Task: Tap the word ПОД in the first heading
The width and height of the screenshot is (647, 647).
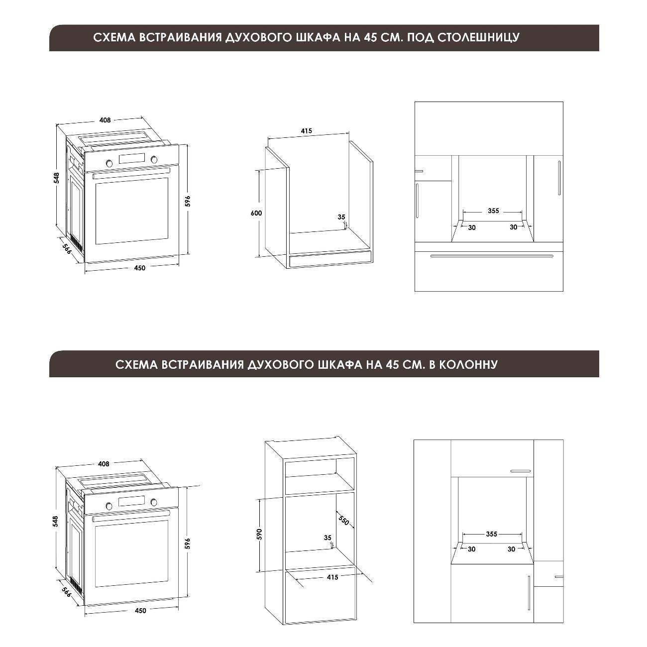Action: (x=419, y=37)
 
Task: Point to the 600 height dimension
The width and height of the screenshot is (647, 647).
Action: (x=256, y=213)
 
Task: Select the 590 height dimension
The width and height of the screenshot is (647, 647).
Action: (x=259, y=534)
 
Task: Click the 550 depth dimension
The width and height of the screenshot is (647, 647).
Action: (x=344, y=520)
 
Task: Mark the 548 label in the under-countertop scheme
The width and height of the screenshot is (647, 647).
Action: (x=57, y=178)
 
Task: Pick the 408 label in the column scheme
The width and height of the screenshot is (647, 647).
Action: (x=104, y=464)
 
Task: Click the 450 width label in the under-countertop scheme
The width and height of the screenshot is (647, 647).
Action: (x=140, y=268)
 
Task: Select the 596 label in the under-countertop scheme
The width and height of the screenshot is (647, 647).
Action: (x=188, y=201)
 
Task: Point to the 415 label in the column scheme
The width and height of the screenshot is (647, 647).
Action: (x=332, y=577)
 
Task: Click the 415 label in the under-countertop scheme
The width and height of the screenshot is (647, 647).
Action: (x=306, y=130)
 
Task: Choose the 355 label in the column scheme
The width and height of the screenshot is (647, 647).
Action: (x=492, y=534)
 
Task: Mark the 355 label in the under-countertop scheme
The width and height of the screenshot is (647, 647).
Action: (x=493, y=211)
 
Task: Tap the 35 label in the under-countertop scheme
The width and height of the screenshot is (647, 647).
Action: (x=341, y=217)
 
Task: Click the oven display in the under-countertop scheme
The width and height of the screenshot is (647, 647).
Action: (x=132, y=158)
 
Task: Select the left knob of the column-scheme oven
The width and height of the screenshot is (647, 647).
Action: (x=109, y=506)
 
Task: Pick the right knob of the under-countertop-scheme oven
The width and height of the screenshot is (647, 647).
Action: (x=154, y=159)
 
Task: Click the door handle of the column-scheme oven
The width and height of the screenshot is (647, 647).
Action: (x=131, y=515)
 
